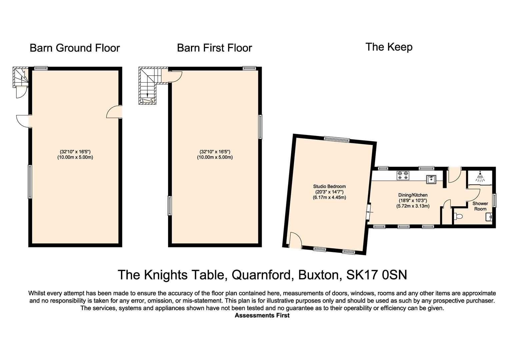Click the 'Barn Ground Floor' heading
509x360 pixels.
coord(75,48)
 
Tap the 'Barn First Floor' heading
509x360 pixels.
coord(214,48)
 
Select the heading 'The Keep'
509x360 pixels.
coord(389,47)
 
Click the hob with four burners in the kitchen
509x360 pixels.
coord(402,175)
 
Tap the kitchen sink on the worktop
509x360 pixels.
coord(431,179)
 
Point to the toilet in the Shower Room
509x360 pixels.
coord(458,216)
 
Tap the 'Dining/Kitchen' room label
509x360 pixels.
coord(413,195)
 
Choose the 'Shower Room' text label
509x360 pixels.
coord(480,206)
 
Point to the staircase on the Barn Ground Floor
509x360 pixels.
coord(20,77)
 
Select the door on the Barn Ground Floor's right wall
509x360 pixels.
coord(114,112)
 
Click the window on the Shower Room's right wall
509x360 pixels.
coord(494,200)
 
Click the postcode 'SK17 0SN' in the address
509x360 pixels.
coord(377,275)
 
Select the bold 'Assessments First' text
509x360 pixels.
coord(262,315)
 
